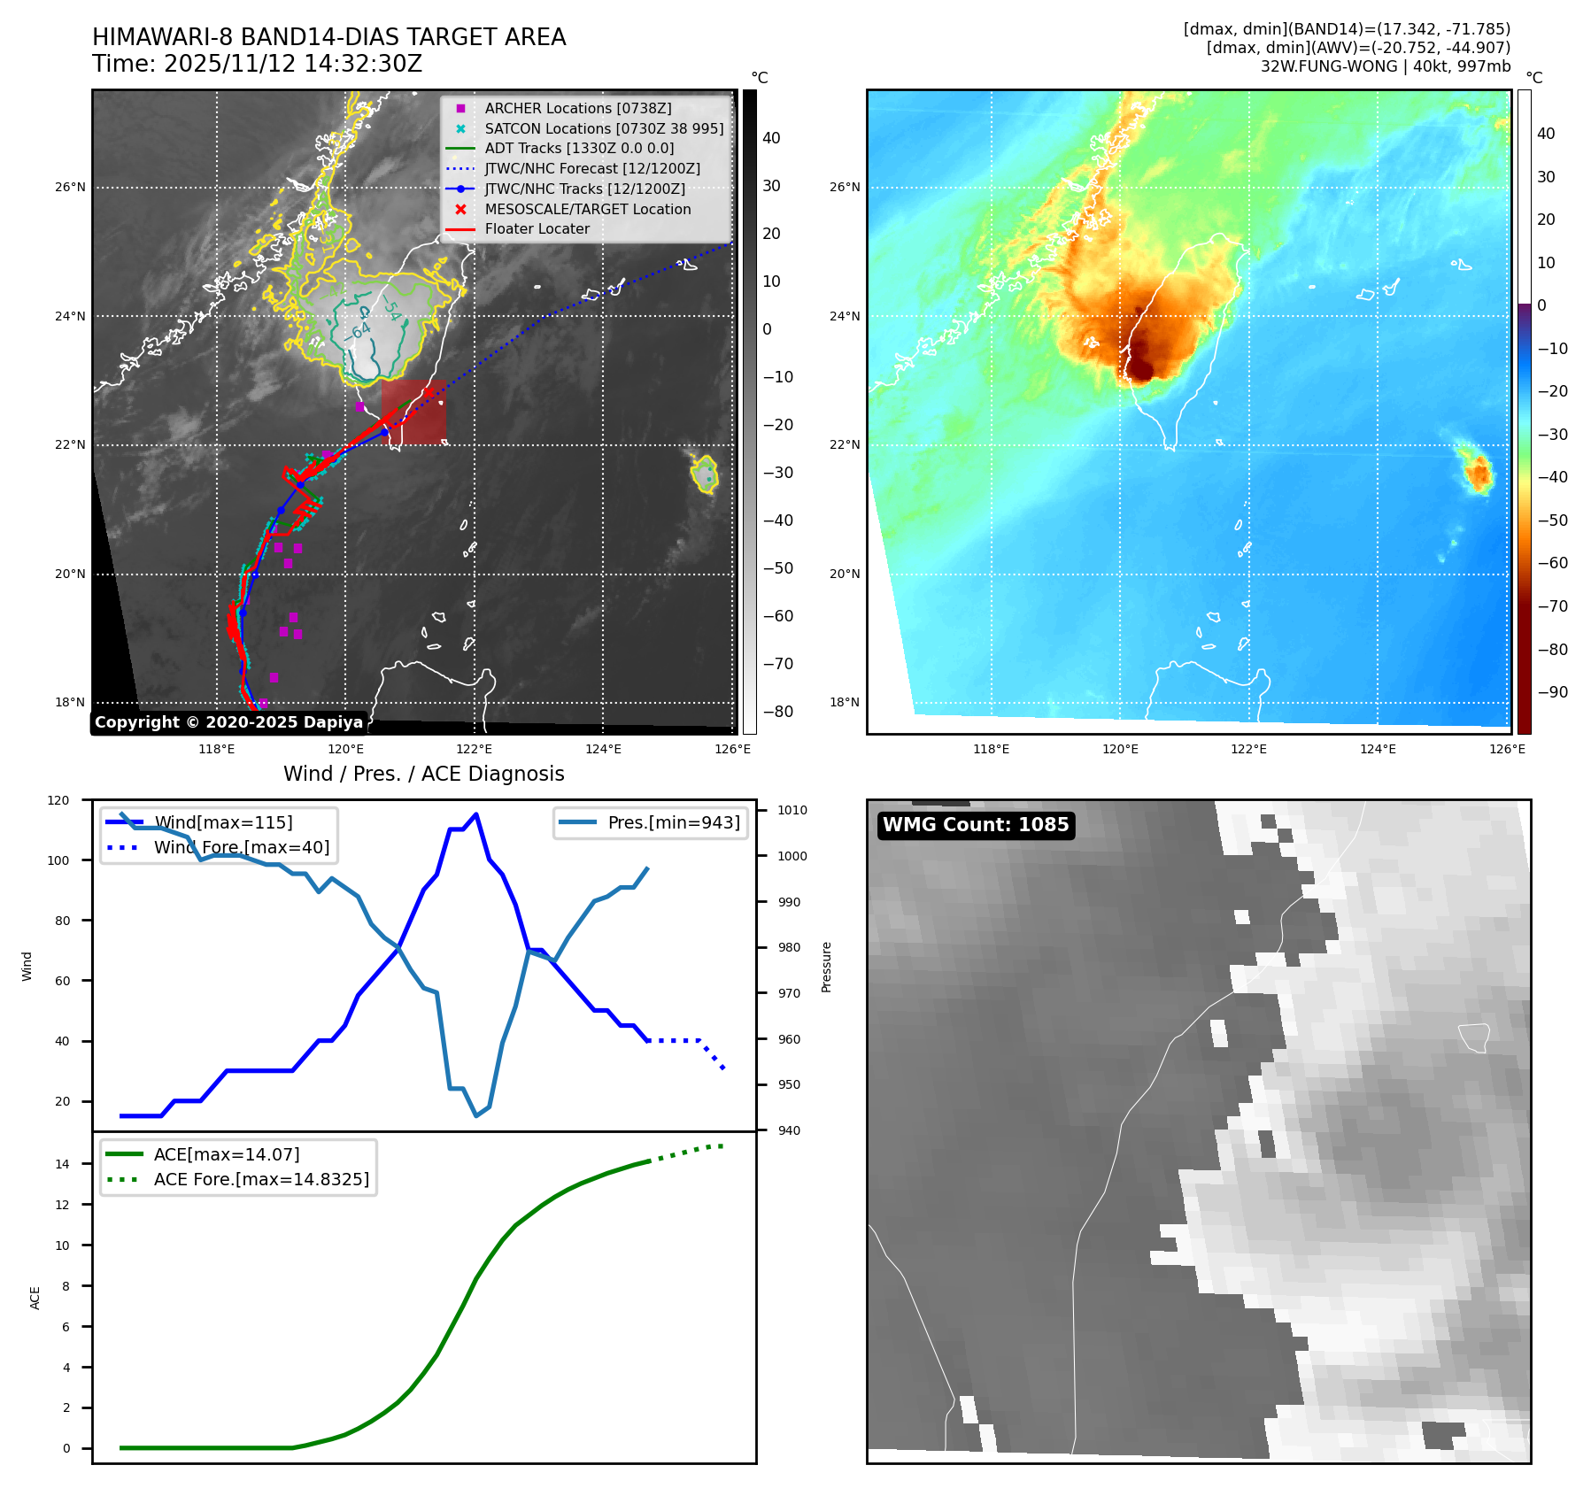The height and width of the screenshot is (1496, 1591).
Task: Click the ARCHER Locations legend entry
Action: (x=577, y=108)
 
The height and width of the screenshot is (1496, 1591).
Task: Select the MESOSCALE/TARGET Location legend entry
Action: (x=587, y=209)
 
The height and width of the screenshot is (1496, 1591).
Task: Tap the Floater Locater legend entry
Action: (x=537, y=228)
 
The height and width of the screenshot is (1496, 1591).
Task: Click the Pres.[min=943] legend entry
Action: (x=673, y=822)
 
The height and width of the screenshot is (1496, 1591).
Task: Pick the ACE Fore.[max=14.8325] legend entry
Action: (x=261, y=1179)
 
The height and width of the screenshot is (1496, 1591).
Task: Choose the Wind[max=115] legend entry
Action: (x=223, y=822)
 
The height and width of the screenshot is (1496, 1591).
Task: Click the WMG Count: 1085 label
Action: (x=976, y=825)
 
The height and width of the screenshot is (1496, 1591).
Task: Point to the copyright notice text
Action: (x=228, y=722)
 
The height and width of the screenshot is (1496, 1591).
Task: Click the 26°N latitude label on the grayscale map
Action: (x=71, y=187)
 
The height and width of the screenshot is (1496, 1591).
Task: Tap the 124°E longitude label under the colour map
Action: (x=1378, y=749)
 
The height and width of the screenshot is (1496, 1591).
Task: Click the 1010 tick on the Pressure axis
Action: (x=792, y=810)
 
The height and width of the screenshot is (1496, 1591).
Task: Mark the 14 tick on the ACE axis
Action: (x=62, y=1164)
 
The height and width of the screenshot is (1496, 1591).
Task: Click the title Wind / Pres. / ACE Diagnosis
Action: (x=423, y=774)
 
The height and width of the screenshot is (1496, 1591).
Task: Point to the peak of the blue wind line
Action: (x=476, y=814)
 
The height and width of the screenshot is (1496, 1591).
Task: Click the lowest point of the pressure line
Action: (x=476, y=1115)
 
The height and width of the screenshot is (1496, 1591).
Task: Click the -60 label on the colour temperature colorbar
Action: (x=1552, y=563)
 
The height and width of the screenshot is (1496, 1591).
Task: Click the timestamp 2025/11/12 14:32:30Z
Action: (x=293, y=64)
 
